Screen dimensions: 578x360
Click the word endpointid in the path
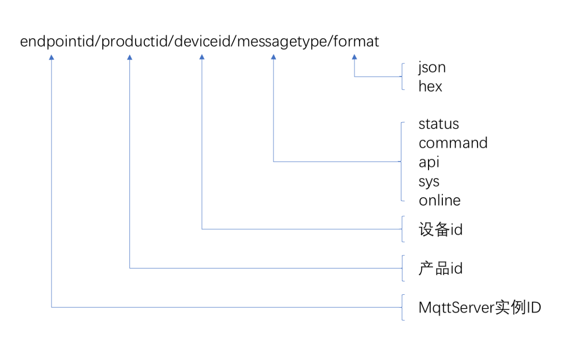pos(57,41)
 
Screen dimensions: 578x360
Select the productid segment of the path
pos(135,41)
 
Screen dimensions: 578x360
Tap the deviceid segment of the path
pos(202,41)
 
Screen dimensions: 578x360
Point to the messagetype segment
pos(282,42)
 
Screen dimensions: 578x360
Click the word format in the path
pos(356,41)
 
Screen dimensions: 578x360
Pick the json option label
pos(432,68)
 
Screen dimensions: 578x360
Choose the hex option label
pos(430,86)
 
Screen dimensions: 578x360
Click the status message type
pos(438,124)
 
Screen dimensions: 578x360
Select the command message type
pos(453,143)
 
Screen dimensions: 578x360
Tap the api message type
pos(429,162)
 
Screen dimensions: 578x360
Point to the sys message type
pos(429,182)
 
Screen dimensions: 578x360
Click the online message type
pos(440,200)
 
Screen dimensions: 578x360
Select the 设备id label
pos(440,230)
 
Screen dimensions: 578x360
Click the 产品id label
pos(440,269)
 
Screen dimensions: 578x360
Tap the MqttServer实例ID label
pos(480,307)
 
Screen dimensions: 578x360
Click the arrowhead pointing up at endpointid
pos(51,57)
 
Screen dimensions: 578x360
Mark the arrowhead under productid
pos(130,57)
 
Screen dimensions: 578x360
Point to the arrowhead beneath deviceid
pos(202,57)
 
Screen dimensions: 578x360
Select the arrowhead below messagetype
pos(273,57)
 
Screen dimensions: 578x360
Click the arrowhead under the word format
pos(354,57)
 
